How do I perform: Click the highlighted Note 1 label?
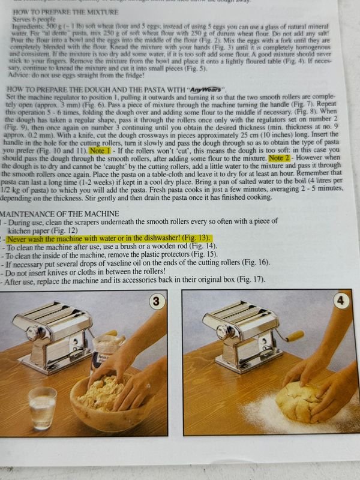tap(100, 151)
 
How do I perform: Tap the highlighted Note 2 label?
tap(279, 158)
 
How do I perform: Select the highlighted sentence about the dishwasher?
tap(109, 238)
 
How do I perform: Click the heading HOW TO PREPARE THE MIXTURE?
tap(65, 12)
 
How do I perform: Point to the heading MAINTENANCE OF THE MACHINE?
tap(59, 214)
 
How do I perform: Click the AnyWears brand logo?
tap(205, 89)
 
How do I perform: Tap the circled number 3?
tap(156, 301)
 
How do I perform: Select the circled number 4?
tap(340, 301)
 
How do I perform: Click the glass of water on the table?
tap(42, 408)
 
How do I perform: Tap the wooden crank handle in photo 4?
tap(294, 336)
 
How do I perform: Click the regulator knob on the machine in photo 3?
tap(34, 333)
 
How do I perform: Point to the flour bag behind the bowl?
tap(106, 352)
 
